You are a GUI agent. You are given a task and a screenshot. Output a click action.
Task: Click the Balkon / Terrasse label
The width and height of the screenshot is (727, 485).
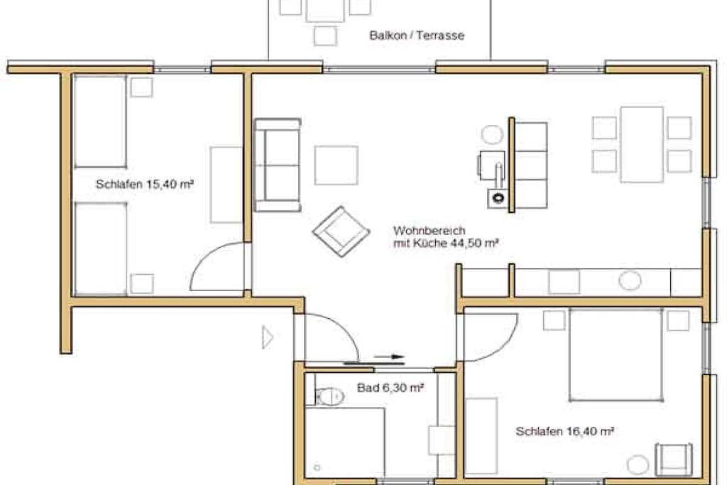[x=416, y=36]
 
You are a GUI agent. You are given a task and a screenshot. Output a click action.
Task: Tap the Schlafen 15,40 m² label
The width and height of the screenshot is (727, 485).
[x=145, y=184]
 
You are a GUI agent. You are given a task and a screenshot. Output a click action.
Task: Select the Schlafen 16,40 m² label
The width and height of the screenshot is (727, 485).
[x=564, y=431]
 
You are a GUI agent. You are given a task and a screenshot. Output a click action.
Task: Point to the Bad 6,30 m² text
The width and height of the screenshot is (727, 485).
[x=390, y=388]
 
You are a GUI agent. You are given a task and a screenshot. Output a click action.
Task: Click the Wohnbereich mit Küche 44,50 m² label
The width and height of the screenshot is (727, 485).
[x=446, y=236]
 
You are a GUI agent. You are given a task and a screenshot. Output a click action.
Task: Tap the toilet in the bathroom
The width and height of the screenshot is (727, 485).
[x=329, y=396]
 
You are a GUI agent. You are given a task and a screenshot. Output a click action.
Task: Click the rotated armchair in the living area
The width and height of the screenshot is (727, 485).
[x=341, y=231]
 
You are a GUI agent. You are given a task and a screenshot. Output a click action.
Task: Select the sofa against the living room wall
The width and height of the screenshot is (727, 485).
[x=278, y=165]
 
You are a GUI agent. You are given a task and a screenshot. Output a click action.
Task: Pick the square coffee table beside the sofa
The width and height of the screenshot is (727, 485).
[x=336, y=165]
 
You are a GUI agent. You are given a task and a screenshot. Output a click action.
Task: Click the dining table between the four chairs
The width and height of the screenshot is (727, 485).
[x=642, y=145]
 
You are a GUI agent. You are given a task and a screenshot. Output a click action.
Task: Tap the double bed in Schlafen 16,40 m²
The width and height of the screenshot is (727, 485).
[x=616, y=355]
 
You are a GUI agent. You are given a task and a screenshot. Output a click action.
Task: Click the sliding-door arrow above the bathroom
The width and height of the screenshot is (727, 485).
[x=389, y=356]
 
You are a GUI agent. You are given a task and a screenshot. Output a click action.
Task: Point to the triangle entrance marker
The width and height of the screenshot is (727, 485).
[x=268, y=337]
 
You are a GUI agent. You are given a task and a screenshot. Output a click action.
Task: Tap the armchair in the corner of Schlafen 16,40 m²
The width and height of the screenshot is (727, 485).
[x=674, y=459]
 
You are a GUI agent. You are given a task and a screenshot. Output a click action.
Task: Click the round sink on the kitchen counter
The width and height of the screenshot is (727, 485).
[x=630, y=280]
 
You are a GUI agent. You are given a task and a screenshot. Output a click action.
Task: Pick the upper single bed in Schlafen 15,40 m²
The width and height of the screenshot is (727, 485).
[x=100, y=121]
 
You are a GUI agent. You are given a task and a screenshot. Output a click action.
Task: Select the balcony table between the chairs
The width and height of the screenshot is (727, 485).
[x=325, y=10]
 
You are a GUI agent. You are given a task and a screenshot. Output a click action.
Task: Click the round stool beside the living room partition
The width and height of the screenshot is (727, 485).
[x=492, y=135]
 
